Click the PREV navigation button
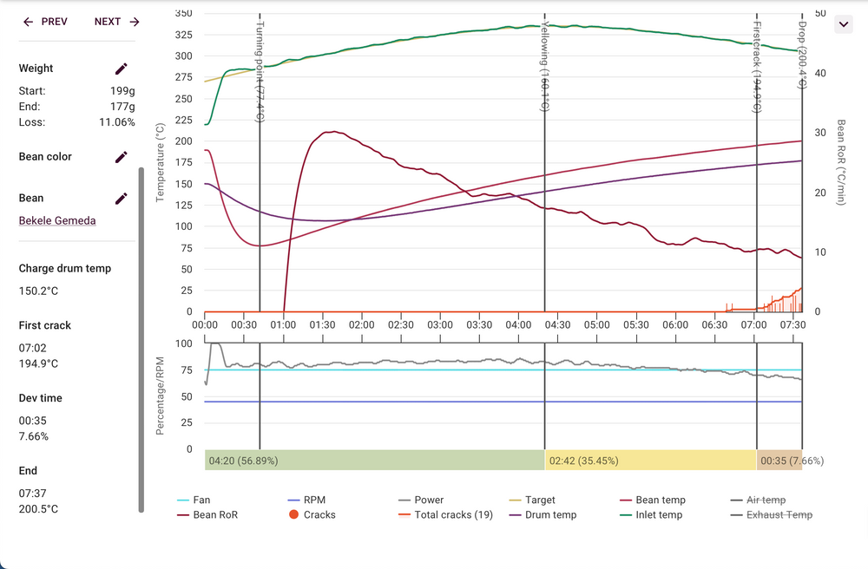tap(45, 22)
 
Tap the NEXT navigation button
tap(117, 22)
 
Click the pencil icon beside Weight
tap(122, 69)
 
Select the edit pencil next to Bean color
tap(122, 157)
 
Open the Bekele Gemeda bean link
tap(57, 220)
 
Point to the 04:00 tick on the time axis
tap(518, 324)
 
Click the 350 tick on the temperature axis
tap(183, 14)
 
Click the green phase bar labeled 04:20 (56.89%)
tap(374, 461)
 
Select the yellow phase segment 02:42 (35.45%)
tap(650, 461)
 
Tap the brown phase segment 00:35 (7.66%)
tap(779, 461)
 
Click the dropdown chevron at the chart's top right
tap(843, 24)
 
